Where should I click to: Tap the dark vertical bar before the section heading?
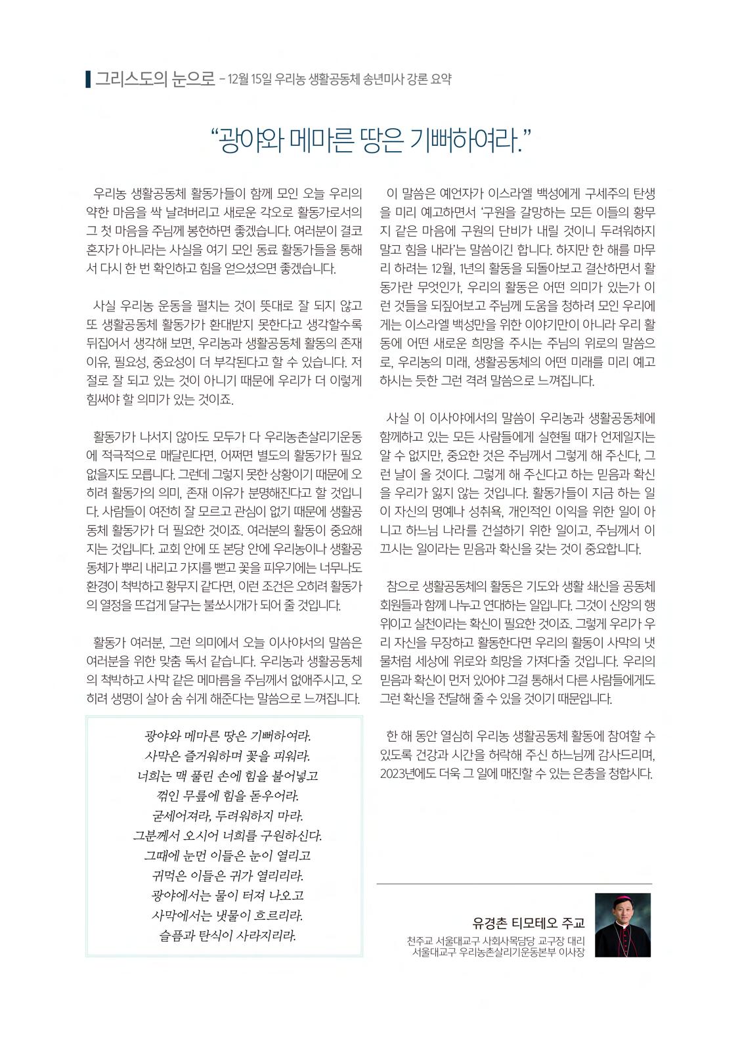89,80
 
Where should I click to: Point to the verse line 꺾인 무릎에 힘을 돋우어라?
224,796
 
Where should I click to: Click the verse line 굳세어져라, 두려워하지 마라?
224,816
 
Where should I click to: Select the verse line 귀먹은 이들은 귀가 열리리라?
224,876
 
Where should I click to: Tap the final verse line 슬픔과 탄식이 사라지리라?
224,936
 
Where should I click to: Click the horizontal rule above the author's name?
514,884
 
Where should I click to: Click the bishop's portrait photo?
622,924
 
